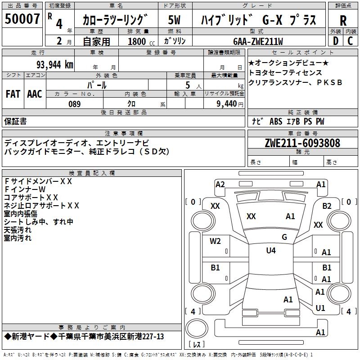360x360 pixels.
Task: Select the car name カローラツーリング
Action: pos(115,20)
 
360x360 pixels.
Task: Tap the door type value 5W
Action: pos(174,20)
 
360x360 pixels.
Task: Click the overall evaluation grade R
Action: pos(343,20)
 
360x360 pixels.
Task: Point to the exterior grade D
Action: pos(335,41)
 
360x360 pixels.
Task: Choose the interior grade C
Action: pos(350,41)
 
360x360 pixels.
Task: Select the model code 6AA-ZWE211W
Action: pos(258,41)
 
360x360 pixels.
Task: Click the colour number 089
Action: pos(74,104)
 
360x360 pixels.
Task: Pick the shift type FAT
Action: pos(13,94)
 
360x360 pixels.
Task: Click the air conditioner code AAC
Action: pos(34,94)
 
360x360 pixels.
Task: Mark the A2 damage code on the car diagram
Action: pos(220,184)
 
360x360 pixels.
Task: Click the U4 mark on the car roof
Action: pos(270,251)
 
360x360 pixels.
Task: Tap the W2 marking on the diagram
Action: pos(216,241)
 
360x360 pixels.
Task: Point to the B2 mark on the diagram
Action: pos(327,206)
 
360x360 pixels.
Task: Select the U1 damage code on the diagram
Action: pos(320,308)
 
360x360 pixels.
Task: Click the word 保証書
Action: pos(15,121)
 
